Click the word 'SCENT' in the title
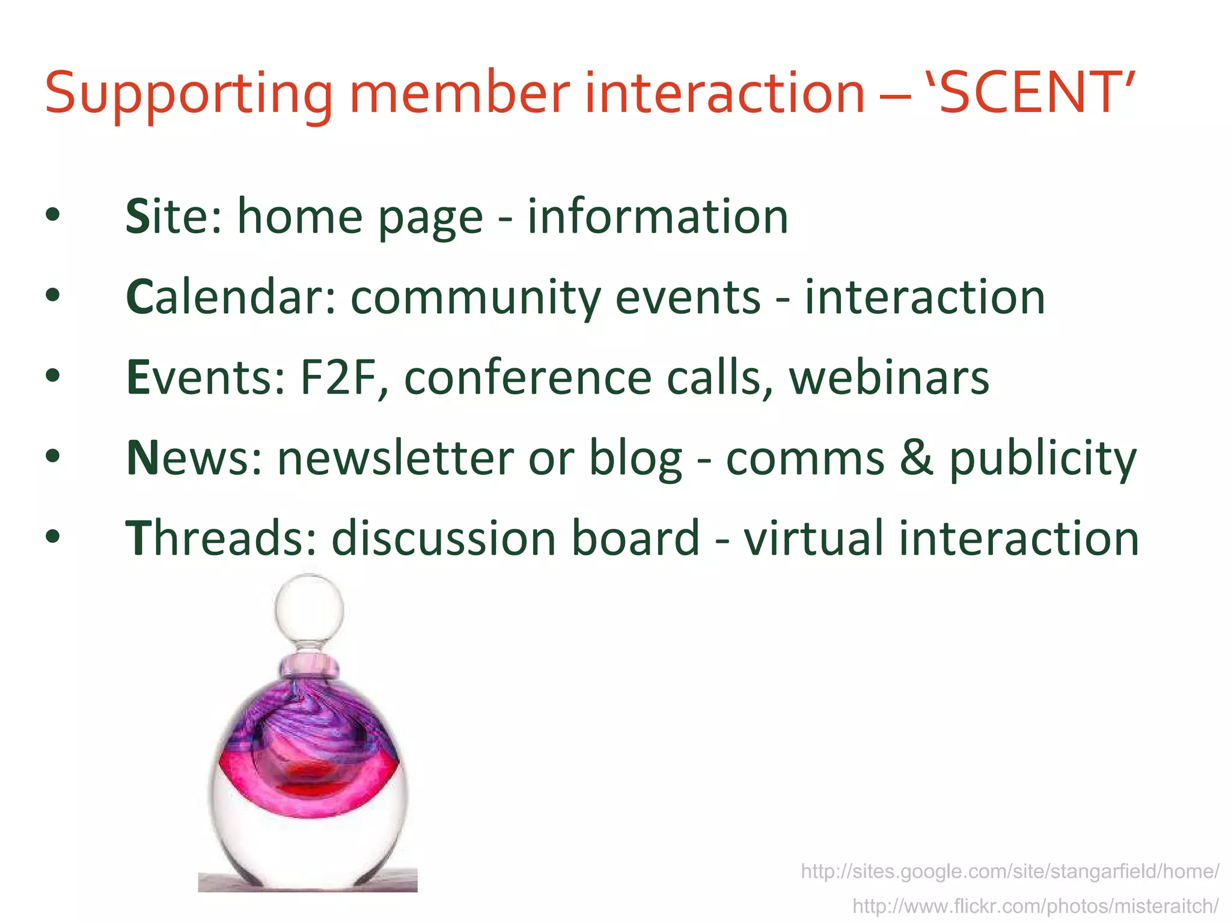1027,93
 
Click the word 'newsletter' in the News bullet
396,458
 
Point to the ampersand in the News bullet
917,458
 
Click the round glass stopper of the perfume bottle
309,608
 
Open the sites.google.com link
1010,871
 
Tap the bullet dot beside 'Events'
53,376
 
